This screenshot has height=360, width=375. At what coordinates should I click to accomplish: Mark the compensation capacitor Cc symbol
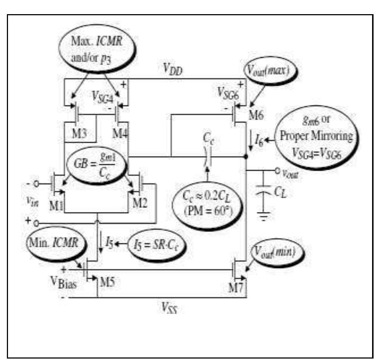(x=207, y=157)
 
